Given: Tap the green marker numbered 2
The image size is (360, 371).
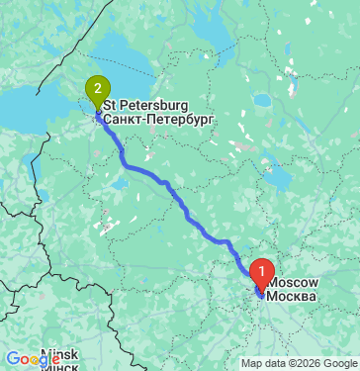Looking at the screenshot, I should tap(97, 89).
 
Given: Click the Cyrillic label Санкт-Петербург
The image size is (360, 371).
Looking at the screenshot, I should tap(157, 118).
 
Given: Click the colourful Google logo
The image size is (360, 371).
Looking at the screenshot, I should tap(27, 358).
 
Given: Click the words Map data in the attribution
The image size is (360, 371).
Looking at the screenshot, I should tap(261, 363).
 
